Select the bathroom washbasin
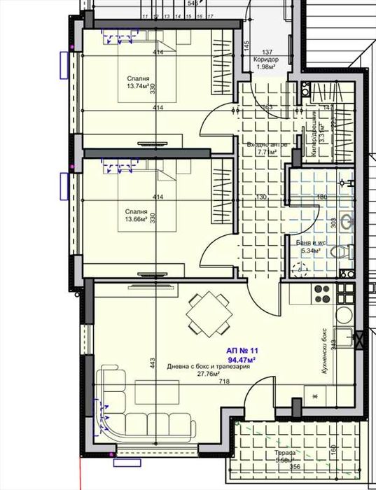coord(346,221)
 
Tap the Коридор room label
coord(266,59)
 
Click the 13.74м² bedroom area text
coord(137,87)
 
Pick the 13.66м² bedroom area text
coord(137,219)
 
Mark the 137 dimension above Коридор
coord(267,52)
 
